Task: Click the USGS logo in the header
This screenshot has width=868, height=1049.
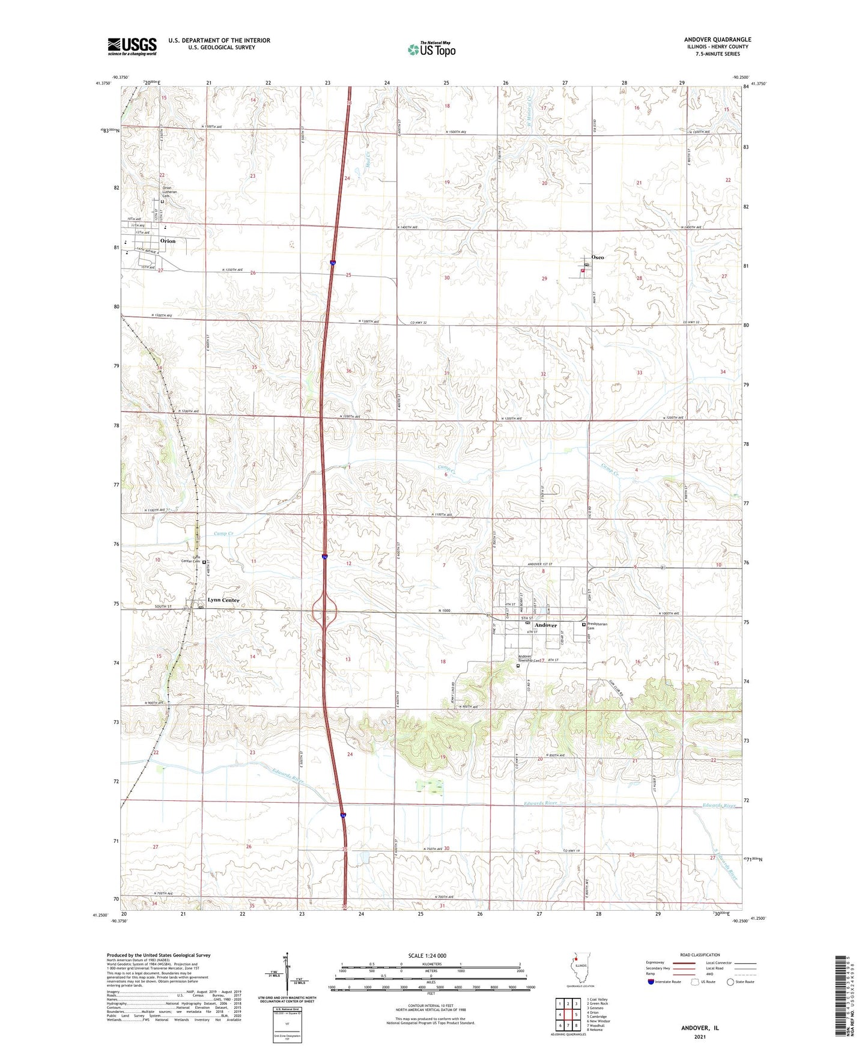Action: pyautogui.click(x=132, y=46)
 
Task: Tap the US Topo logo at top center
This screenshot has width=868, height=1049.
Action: pyautogui.click(x=431, y=49)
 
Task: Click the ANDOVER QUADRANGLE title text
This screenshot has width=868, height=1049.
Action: pyautogui.click(x=717, y=40)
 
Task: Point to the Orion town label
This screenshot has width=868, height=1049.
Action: pyautogui.click(x=168, y=241)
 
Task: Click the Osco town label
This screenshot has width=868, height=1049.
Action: pyautogui.click(x=597, y=257)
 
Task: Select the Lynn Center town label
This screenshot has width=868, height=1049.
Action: pyautogui.click(x=223, y=600)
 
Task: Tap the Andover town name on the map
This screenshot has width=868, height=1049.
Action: pyautogui.click(x=545, y=625)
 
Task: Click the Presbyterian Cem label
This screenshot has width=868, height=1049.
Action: pyautogui.click(x=597, y=626)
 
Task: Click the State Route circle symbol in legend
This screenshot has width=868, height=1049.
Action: pyautogui.click(x=730, y=982)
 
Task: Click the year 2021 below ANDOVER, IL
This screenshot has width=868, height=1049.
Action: pyautogui.click(x=700, y=1036)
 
